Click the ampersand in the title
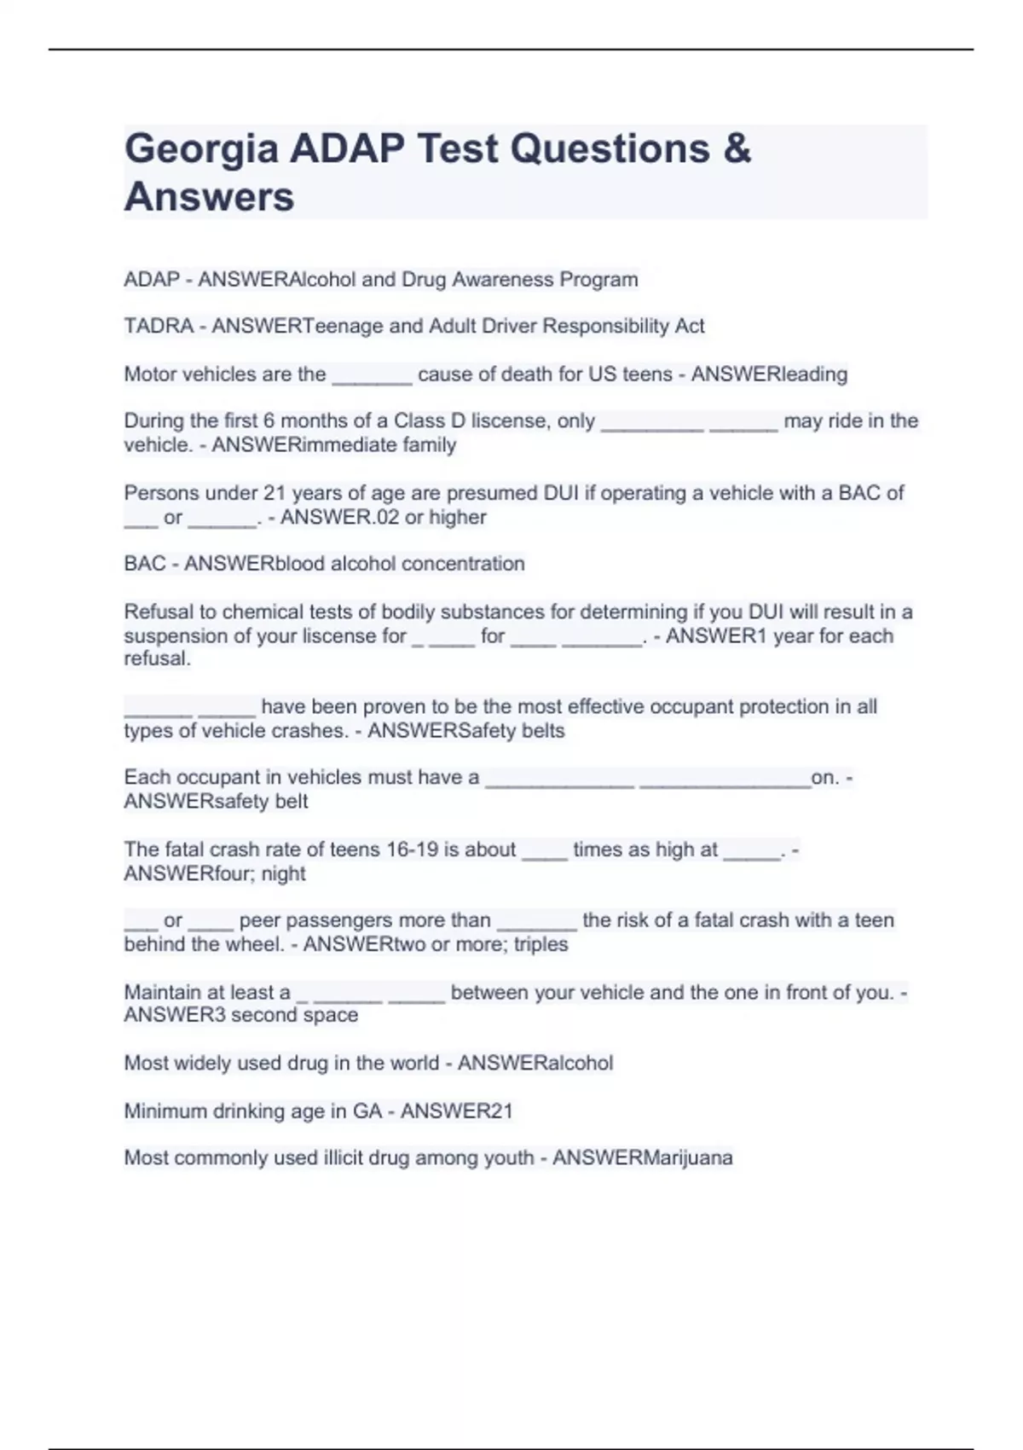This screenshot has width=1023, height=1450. pyautogui.click(x=737, y=149)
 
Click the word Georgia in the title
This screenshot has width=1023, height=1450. pyautogui.click(x=201, y=150)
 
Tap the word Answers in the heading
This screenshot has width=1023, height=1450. pyautogui.click(x=209, y=197)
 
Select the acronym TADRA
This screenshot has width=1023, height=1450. pyautogui.click(x=159, y=326)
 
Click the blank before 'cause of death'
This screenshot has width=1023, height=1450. pyautogui.click(x=372, y=375)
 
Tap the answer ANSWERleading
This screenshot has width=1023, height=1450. pyautogui.click(x=769, y=374)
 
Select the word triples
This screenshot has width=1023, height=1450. pyautogui.click(x=540, y=944)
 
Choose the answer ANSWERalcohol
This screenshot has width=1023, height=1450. pyautogui.click(x=535, y=1063)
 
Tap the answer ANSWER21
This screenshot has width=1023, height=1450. pyautogui.click(x=457, y=1111)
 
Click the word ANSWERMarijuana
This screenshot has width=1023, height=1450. pyautogui.click(x=642, y=1157)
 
